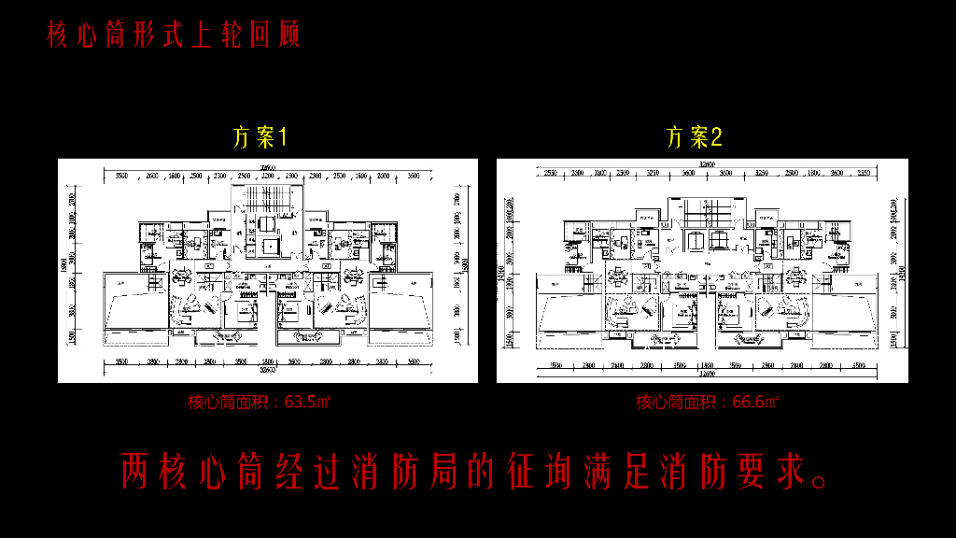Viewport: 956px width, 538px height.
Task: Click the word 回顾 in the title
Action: tap(275, 35)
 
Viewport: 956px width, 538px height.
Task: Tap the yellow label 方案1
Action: tap(260, 138)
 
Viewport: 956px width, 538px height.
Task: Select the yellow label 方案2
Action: tap(695, 138)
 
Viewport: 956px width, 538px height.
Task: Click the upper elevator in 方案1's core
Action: tap(267, 223)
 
